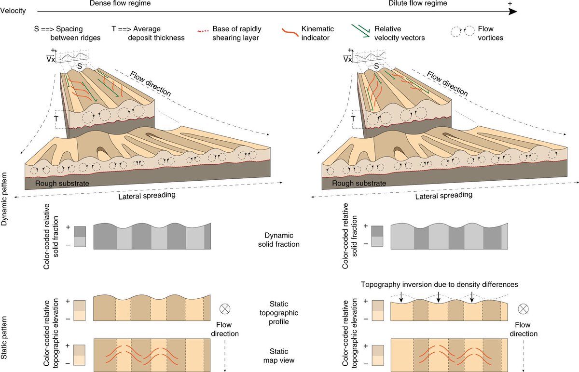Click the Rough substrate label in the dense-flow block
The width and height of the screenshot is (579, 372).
pos(63,183)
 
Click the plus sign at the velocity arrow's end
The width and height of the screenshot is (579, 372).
pos(510,3)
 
